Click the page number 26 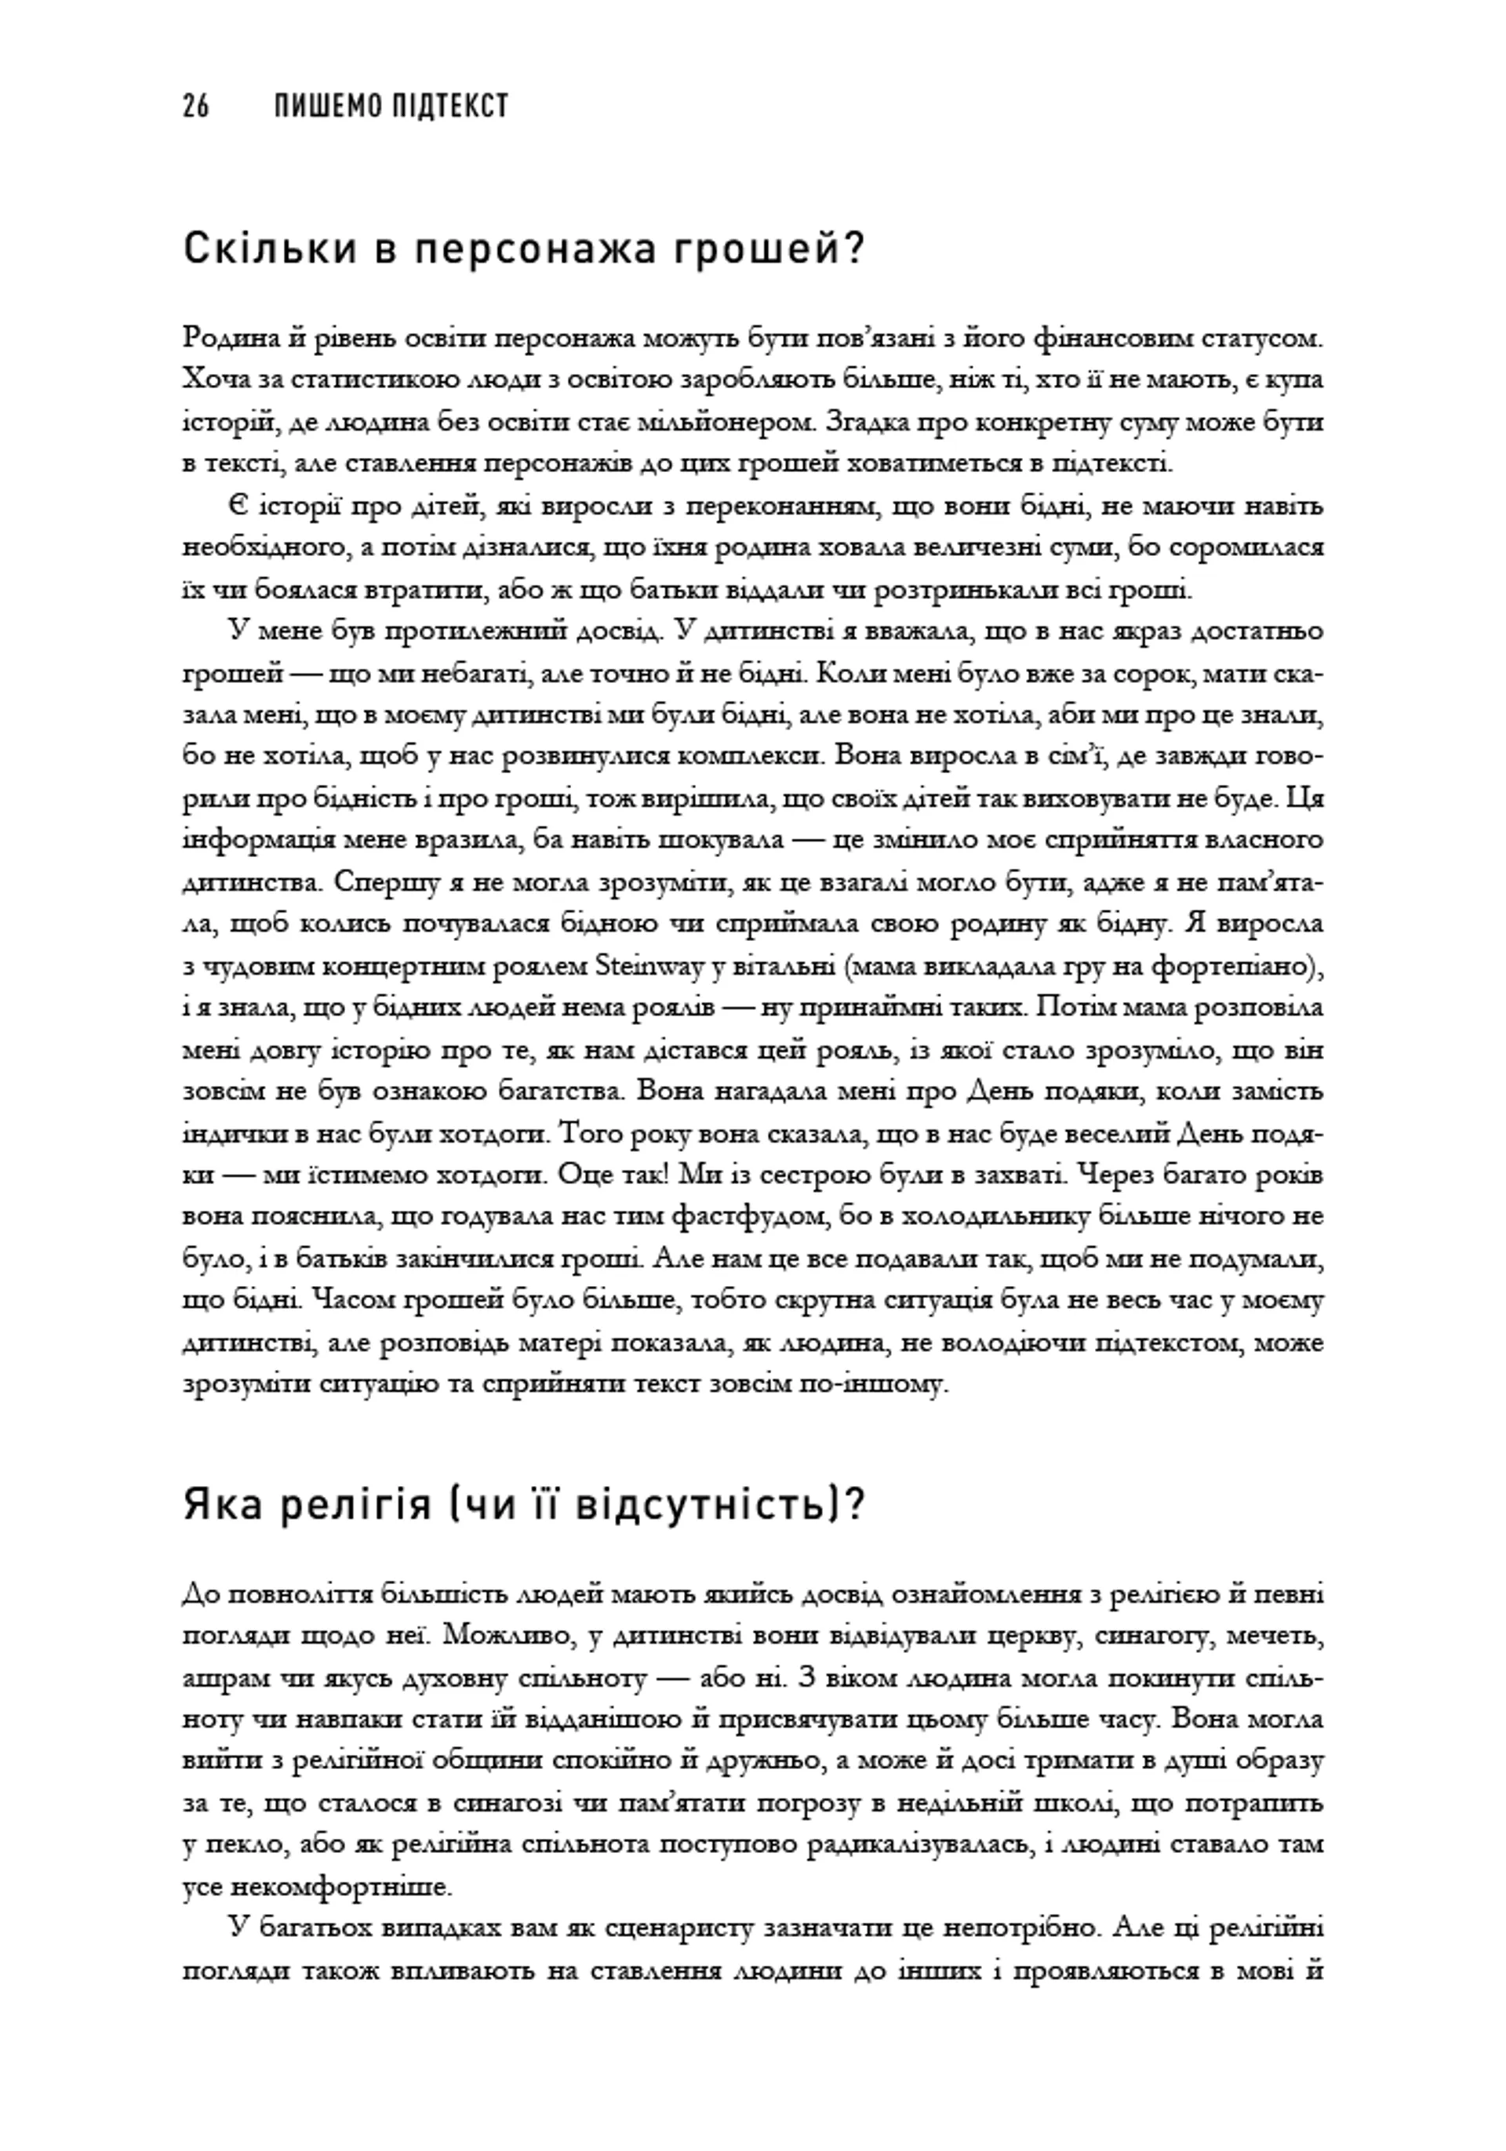tap(196, 107)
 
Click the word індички tap(230, 1134)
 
